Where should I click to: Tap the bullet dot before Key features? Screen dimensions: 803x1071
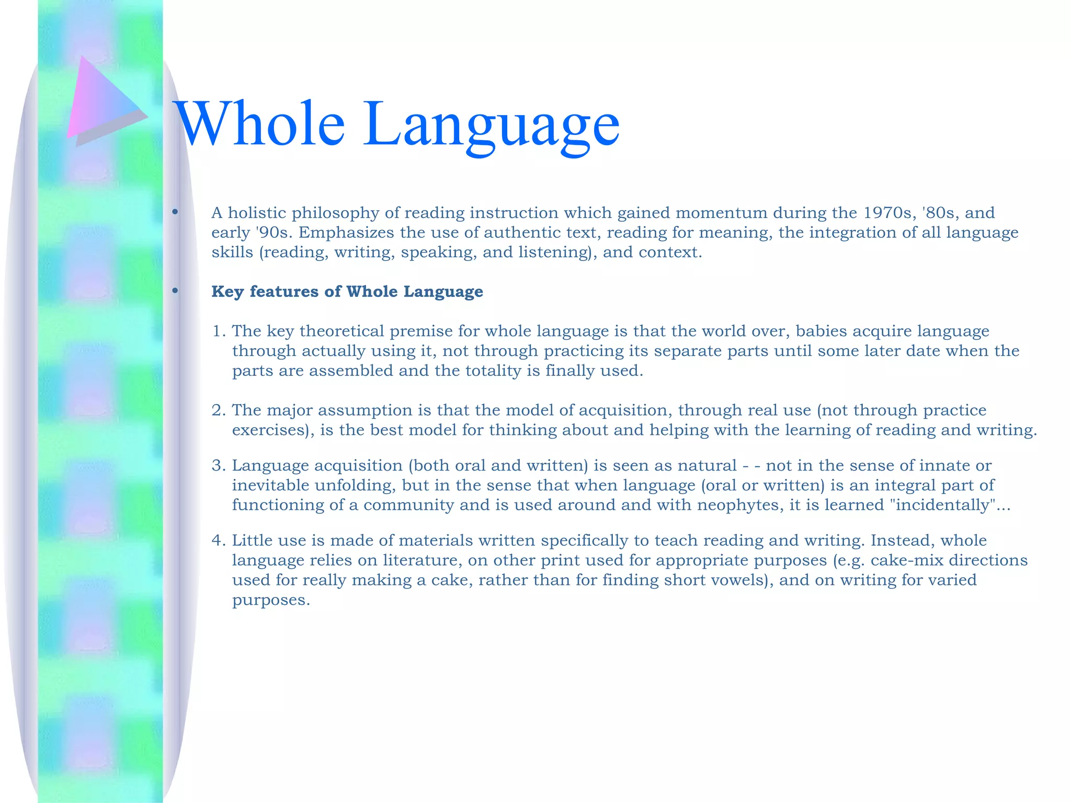pos(175,291)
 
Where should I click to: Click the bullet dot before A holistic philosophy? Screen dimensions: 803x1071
pos(175,212)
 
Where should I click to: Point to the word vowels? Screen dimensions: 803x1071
pos(733,580)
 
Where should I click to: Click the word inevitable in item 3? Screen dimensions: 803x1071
pos(270,486)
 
